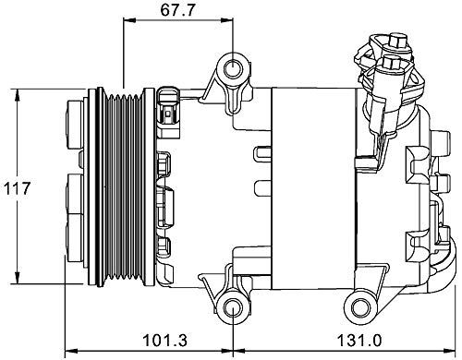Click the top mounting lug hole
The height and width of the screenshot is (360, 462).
[232, 70]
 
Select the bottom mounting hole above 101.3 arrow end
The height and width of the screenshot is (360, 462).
[232, 306]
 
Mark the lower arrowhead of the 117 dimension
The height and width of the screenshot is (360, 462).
[18, 282]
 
